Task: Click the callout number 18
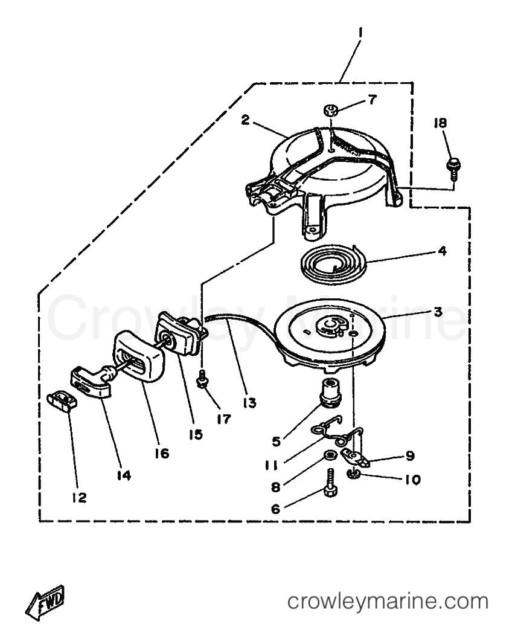(440, 123)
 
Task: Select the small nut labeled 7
(330, 109)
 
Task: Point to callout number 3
(438, 311)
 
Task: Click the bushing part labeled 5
(332, 390)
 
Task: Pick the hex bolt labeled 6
(330, 484)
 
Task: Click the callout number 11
(271, 466)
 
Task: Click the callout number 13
(250, 402)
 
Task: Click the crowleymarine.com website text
(388, 602)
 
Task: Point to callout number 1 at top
(360, 32)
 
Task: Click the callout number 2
(245, 120)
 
